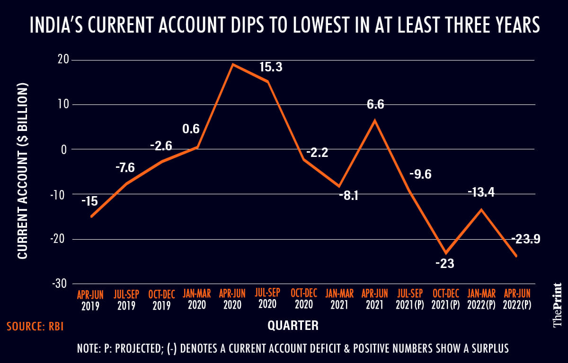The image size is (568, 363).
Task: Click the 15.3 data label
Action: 271,68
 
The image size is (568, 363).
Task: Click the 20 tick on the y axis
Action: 63,60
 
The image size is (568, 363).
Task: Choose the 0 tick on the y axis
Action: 65,149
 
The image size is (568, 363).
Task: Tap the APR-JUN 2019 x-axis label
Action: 90,300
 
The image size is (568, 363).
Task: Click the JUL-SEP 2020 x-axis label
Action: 268,300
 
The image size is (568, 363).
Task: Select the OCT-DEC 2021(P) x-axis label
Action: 445,300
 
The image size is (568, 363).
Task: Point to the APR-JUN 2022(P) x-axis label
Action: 516,300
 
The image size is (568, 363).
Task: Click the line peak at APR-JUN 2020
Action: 232,64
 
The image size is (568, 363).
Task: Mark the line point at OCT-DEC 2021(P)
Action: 445,253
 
